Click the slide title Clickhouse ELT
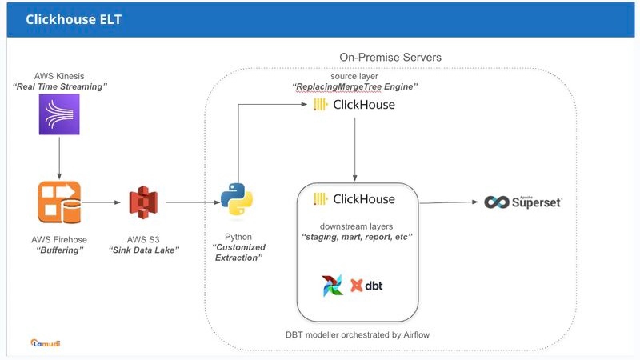pyautogui.click(x=74, y=19)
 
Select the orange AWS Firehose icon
pyautogui.click(x=58, y=202)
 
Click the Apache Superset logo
pyautogui.click(x=523, y=202)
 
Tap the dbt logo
pyautogui.click(x=367, y=286)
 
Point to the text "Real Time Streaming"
pyautogui.click(x=60, y=86)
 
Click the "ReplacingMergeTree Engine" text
pyautogui.click(x=354, y=86)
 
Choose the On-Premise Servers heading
pyautogui.click(x=390, y=58)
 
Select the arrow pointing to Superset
pyautogui.click(x=448, y=202)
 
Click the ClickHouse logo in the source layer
pyautogui.click(x=354, y=105)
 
